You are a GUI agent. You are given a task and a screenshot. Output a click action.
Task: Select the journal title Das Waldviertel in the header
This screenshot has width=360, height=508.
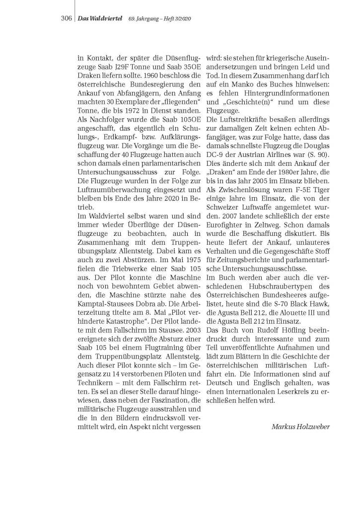click(101, 18)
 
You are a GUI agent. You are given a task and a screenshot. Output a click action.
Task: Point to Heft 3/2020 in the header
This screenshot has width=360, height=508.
click(177, 18)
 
